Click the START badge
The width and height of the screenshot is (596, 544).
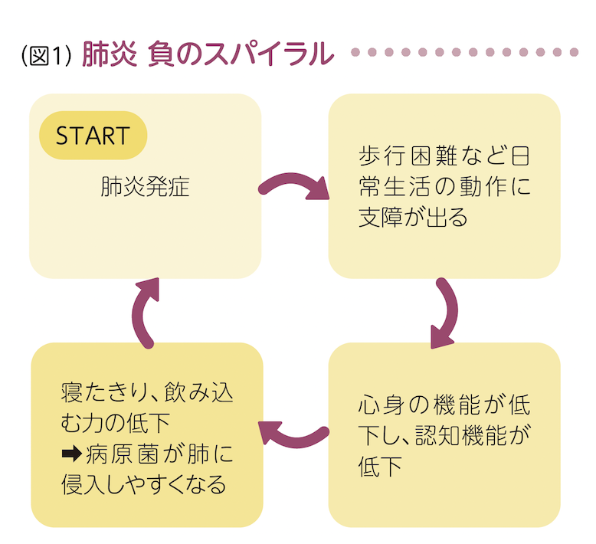point(93,136)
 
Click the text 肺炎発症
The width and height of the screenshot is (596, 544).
point(145,187)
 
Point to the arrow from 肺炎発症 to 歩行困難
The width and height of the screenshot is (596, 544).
point(294,187)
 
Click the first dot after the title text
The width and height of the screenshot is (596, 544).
point(355,53)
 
